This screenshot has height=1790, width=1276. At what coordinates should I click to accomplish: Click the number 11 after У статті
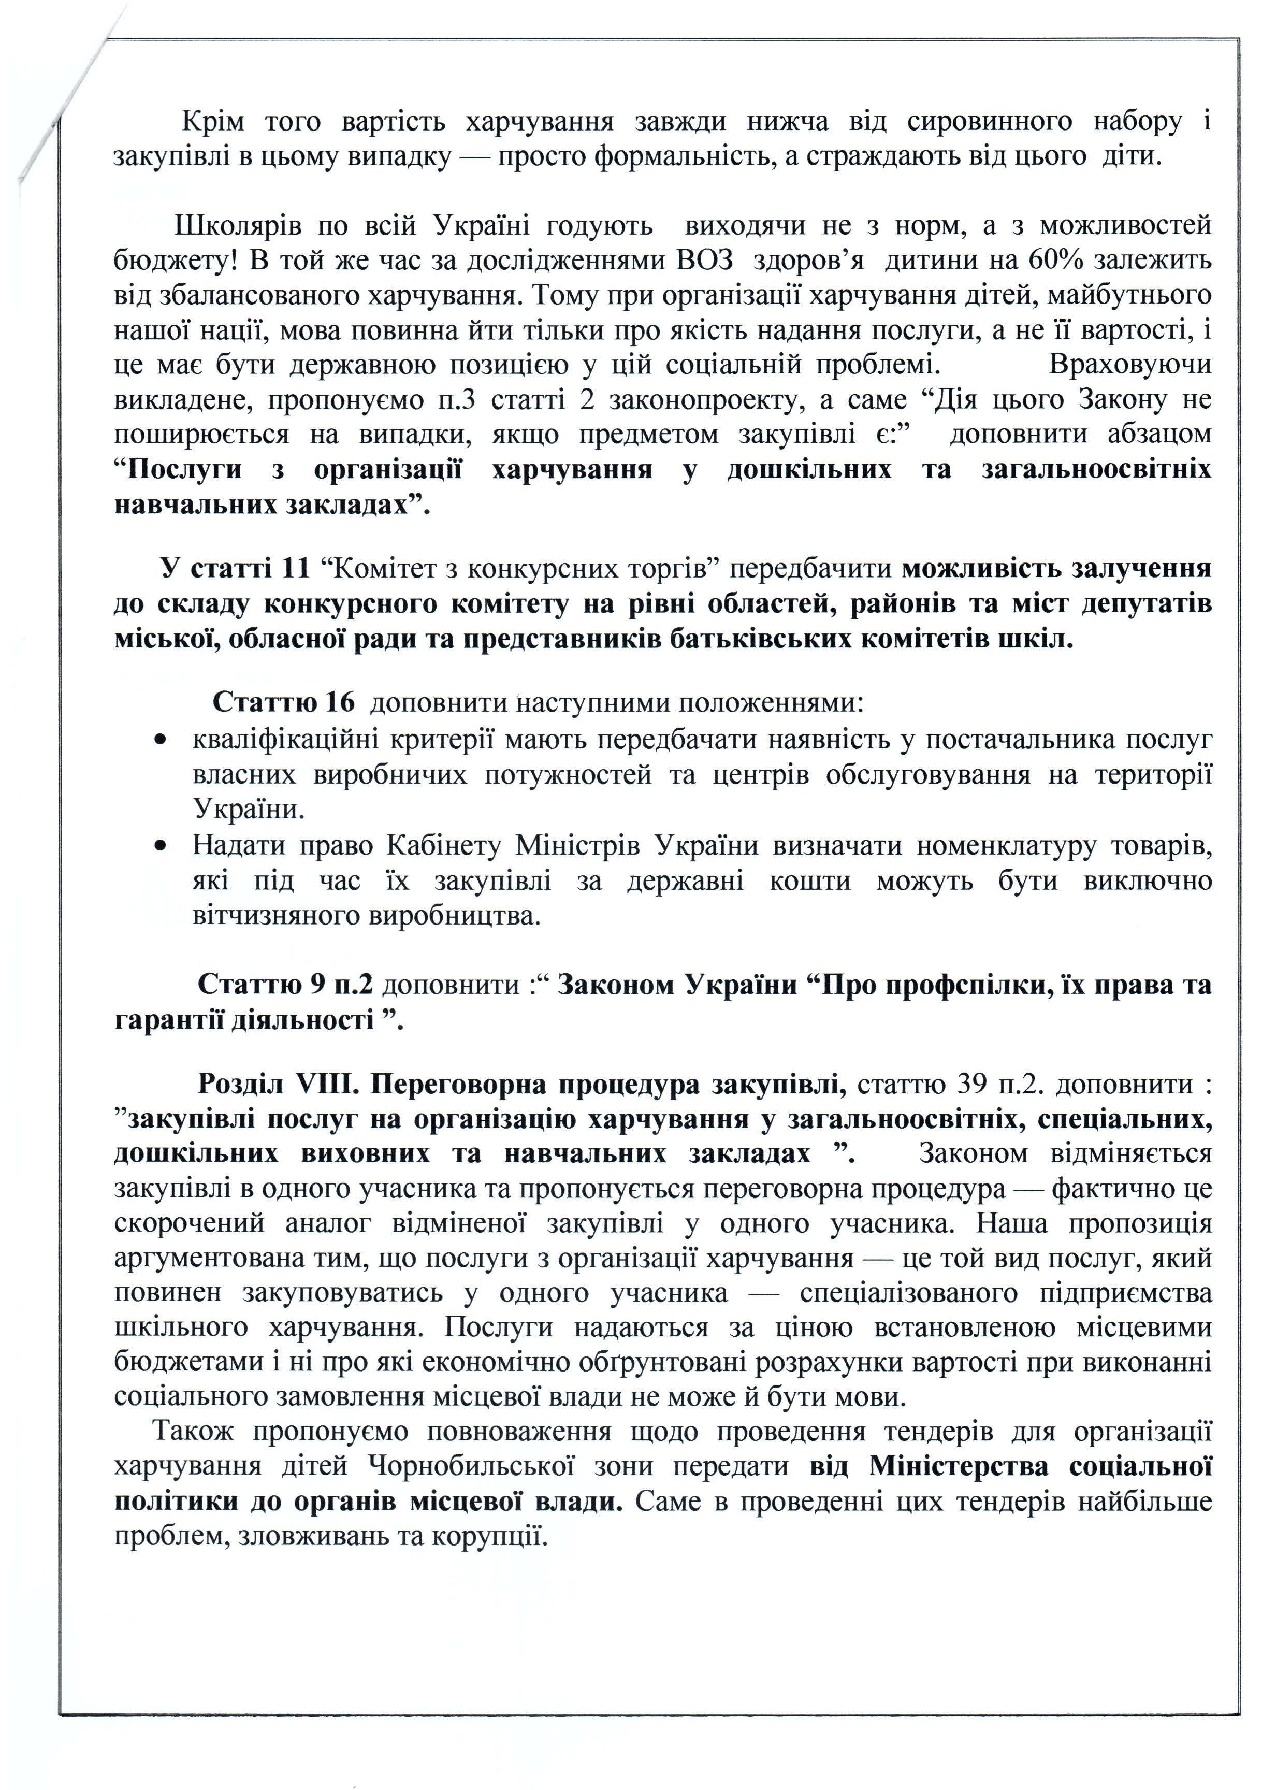[x=295, y=568]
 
